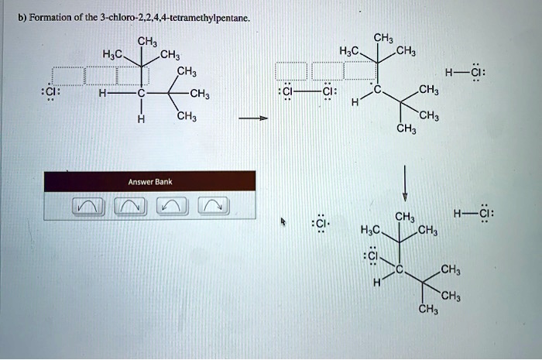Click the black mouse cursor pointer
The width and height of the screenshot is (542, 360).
pyautogui.click(x=283, y=222)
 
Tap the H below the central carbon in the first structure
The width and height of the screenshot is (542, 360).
pyautogui.click(x=140, y=119)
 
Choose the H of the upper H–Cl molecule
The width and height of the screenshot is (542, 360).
pyautogui.click(x=449, y=74)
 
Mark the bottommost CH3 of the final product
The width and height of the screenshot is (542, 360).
pyautogui.click(x=427, y=309)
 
